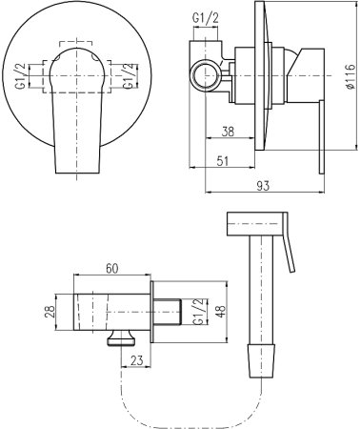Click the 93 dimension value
263,185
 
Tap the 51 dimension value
223,161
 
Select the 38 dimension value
228,132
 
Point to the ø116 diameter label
350,76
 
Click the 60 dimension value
111,268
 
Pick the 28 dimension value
50,313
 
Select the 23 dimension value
136,360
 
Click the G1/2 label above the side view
206,18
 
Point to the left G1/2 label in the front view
21,76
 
